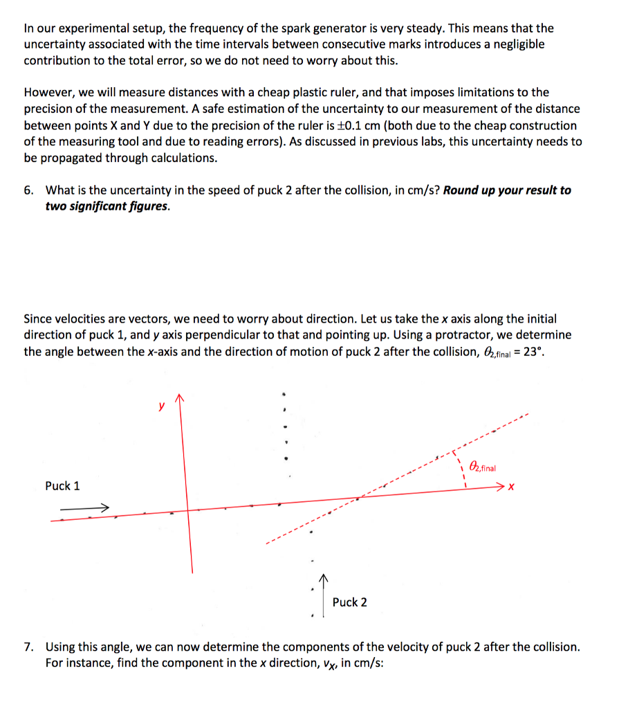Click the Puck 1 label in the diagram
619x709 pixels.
[x=62, y=486]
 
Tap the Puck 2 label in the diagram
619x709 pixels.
[x=349, y=602]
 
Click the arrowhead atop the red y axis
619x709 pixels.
[x=181, y=400]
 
